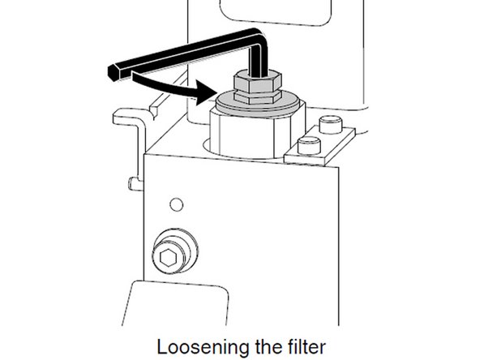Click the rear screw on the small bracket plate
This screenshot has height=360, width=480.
click(328, 124)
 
